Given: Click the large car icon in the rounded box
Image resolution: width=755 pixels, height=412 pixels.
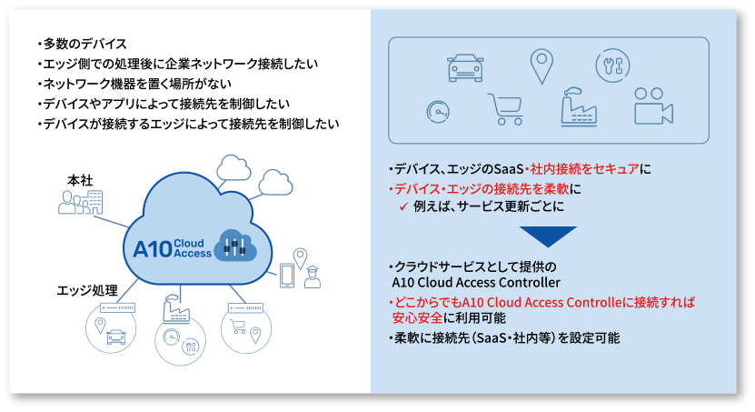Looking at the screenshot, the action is (x=465, y=67).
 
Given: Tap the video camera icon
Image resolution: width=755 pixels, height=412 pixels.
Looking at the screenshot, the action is (x=653, y=106).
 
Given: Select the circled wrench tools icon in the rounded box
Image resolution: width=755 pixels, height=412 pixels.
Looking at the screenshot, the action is (x=612, y=65).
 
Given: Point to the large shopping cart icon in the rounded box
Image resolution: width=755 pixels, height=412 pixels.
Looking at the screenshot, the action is (x=505, y=109).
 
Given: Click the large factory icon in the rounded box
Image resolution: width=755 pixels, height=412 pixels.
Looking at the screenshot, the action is (x=579, y=107).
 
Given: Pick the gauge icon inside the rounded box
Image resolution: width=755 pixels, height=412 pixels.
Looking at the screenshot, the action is (x=438, y=111).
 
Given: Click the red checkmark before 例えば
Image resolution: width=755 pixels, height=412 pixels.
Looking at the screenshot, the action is (x=403, y=206).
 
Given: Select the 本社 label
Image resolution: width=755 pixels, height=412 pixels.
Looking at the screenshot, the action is (x=80, y=181).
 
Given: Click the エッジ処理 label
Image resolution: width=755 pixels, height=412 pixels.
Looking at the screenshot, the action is (x=87, y=290).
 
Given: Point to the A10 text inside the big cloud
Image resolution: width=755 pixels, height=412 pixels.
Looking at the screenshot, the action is (x=153, y=249).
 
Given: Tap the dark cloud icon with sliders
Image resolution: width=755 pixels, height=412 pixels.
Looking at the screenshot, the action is (x=235, y=246).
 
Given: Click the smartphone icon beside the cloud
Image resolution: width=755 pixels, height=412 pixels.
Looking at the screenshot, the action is (x=287, y=276).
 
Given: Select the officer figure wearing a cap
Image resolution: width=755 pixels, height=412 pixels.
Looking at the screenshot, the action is (x=313, y=277).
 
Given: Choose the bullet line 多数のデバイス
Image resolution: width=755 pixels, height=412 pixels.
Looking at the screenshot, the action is (x=83, y=44).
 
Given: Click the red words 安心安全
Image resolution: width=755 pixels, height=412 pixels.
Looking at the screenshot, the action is (x=417, y=318).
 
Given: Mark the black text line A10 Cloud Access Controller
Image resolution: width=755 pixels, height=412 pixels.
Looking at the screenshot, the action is (x=476, y=282).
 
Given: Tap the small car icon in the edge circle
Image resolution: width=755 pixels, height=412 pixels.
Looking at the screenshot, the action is (x=116, y=337).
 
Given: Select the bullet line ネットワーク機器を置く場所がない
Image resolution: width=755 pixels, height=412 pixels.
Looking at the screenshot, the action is (x=134, y=84).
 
